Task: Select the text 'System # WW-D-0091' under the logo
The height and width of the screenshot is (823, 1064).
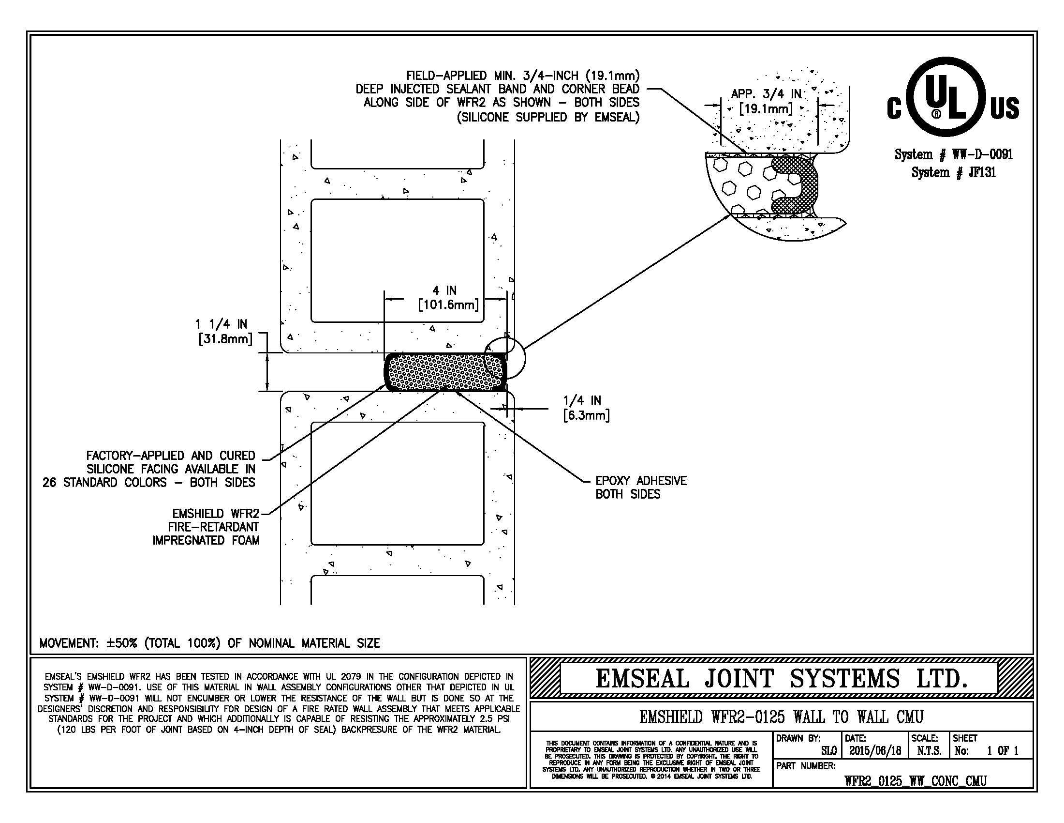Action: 953,154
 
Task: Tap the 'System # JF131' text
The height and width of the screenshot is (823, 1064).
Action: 953,172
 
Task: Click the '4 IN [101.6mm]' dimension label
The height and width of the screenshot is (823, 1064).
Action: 447,298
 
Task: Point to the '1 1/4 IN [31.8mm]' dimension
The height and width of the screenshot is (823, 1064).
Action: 224,332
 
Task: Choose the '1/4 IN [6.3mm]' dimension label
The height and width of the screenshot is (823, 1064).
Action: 586,408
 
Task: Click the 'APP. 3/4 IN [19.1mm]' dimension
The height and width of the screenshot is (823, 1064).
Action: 766,101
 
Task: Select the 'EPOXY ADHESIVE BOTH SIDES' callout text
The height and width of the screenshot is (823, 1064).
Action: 640,488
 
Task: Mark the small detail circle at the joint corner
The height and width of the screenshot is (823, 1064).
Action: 505,359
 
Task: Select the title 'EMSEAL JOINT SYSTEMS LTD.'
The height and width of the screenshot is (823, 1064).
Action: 781,678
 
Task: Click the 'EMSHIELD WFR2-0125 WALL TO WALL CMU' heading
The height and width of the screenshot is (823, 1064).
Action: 781,717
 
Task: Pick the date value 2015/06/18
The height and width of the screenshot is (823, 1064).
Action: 875,751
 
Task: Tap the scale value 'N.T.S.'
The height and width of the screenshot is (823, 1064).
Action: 929,751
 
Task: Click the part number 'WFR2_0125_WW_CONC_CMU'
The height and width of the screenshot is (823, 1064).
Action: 916,781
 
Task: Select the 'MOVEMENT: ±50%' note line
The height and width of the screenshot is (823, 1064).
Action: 209,643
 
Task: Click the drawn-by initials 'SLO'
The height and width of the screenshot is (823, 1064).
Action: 828,751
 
